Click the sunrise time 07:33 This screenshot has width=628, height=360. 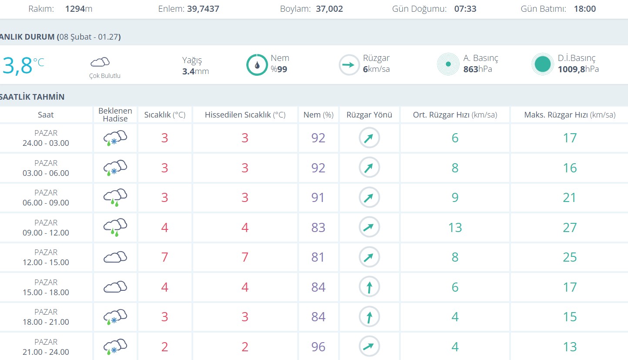click(465, 9)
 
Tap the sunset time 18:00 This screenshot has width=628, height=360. click(584, 9)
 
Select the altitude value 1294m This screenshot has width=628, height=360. click(79, 9)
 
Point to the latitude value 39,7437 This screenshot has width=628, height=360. click(203, 9)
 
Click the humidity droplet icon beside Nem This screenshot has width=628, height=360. click(257, 65)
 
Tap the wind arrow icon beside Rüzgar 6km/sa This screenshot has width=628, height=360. click(349, 65)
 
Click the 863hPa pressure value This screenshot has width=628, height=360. click(477, 69)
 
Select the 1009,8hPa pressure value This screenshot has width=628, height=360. click(578, 69)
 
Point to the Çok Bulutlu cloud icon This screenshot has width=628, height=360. click(100, 62)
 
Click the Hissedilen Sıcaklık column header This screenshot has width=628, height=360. click(245, 115)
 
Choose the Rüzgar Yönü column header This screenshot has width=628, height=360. click(369, 115)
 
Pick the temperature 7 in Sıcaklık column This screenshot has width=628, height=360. click(165, 257)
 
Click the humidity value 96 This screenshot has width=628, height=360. click(318, 347)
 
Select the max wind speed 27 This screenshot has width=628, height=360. click(570, 228)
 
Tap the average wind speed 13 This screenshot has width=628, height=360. click(455, 228)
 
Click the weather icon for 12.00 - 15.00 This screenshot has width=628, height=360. click(115, 257)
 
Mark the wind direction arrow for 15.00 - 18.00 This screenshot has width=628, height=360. click(369, 287)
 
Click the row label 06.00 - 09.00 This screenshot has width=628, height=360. click(46, 202)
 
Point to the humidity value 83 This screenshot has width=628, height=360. click(318, 228)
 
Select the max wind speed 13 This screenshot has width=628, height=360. click(570, 347)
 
